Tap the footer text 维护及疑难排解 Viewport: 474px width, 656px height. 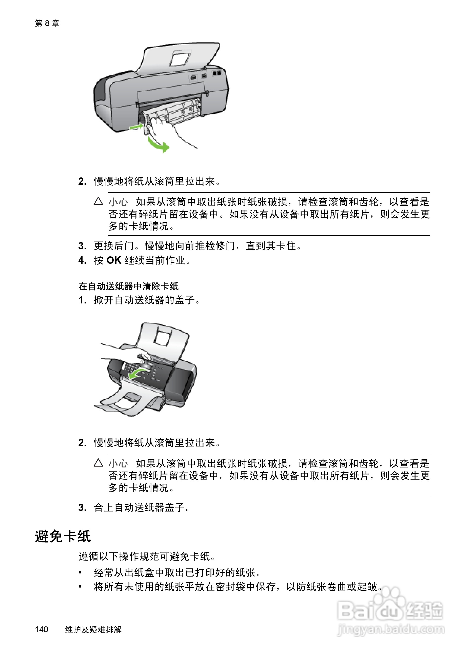[93, 629]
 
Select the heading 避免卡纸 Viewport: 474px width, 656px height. [63, 536]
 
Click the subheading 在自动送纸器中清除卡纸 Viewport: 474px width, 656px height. [128, 286]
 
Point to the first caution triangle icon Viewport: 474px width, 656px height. [98, 201]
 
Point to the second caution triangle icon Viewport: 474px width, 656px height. [98, 463]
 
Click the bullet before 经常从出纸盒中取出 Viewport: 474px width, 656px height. [80, 573]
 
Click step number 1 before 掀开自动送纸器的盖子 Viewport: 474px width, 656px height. [82, 300]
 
